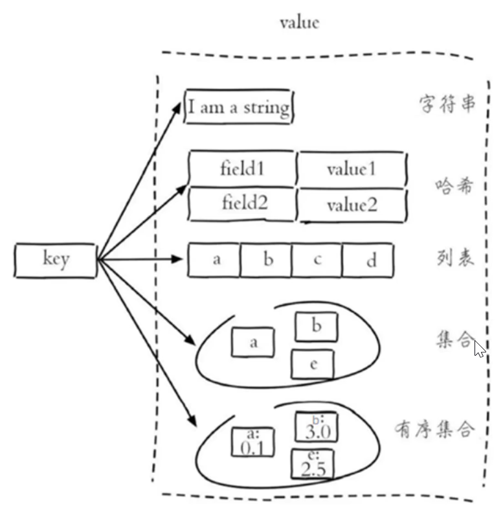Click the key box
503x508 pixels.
(x=56, y=260)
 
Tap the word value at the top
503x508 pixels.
(x=299, y=23)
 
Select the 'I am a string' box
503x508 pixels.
(x=238, y=107)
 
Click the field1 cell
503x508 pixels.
(x=242, y=169)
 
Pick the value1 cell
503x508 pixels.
(x=352, y=170)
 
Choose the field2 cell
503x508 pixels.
(x=242, y=203)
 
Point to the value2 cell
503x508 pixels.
(x=352, y=205)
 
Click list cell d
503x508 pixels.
(x=369, y=260)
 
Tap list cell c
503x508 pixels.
(x=317, y=260)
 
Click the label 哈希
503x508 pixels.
(x=454, y=187)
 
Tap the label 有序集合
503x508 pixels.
(x=434, y=428)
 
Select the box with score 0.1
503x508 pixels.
(x=253, y=441)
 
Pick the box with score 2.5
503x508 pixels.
(x=313, y=464)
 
